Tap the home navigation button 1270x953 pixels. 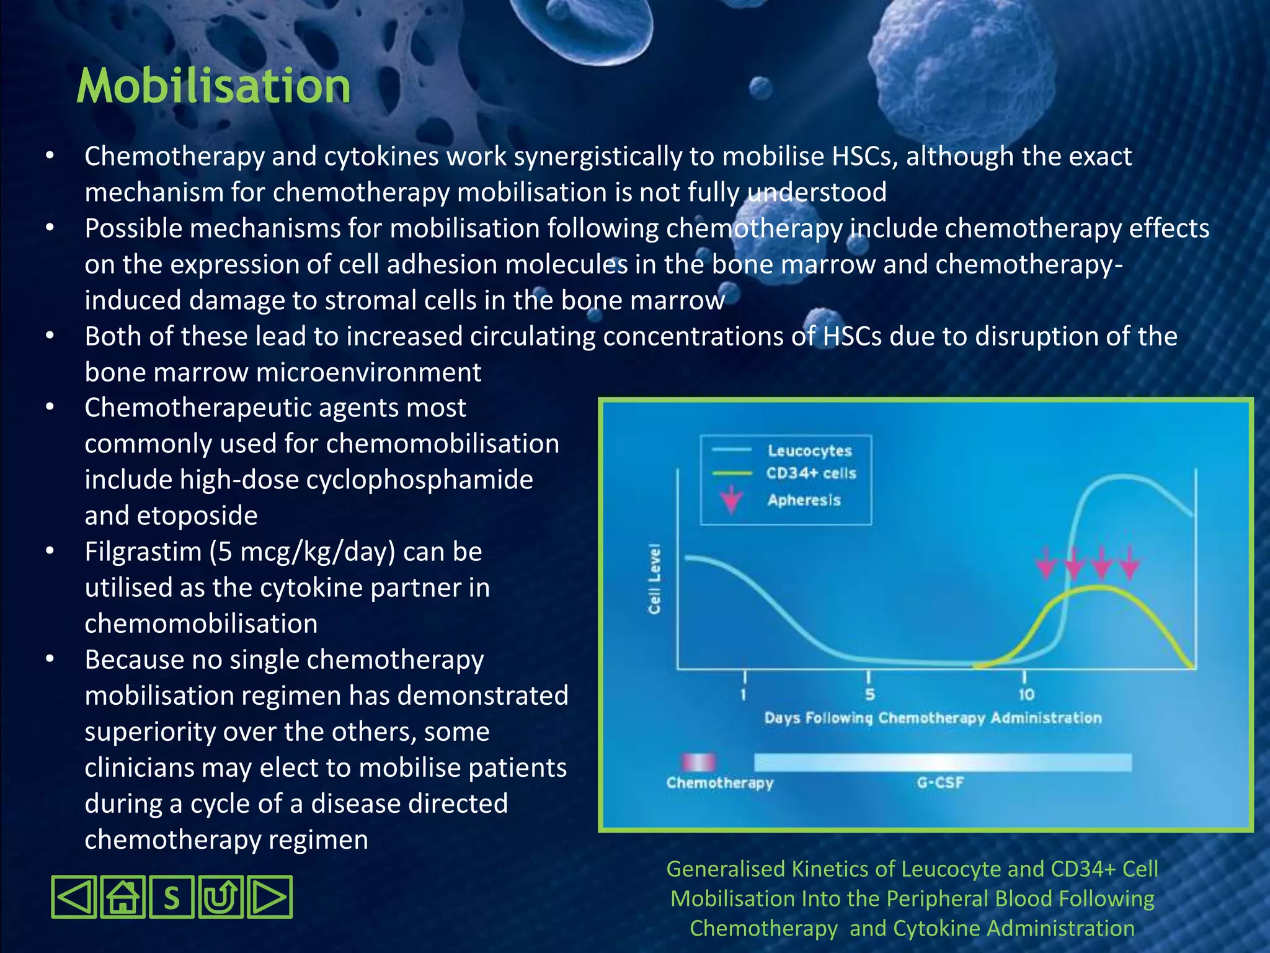click(x=123, y=897)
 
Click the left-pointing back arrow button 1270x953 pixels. click(x=74, y=897)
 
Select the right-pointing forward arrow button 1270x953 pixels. click(x=269, y=897)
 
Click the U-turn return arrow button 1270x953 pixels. click(x=221, y=897)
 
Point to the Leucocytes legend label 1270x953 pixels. click(x=809, y=451)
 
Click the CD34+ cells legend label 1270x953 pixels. click(x=811, y=473)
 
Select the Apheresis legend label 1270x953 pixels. click(x=804, y=500)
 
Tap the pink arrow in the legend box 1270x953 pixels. click(x=732, y=499)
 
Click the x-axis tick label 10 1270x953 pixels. click(x=1026, y=695)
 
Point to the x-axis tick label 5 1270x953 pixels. click(x=869, y=695)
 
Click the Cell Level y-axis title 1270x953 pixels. click(x=654, y=579)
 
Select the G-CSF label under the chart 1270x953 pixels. click(x=940, y=783)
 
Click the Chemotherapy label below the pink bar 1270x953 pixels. click(x=720, y=783)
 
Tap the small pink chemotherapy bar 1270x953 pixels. click(x=699, y=762)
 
